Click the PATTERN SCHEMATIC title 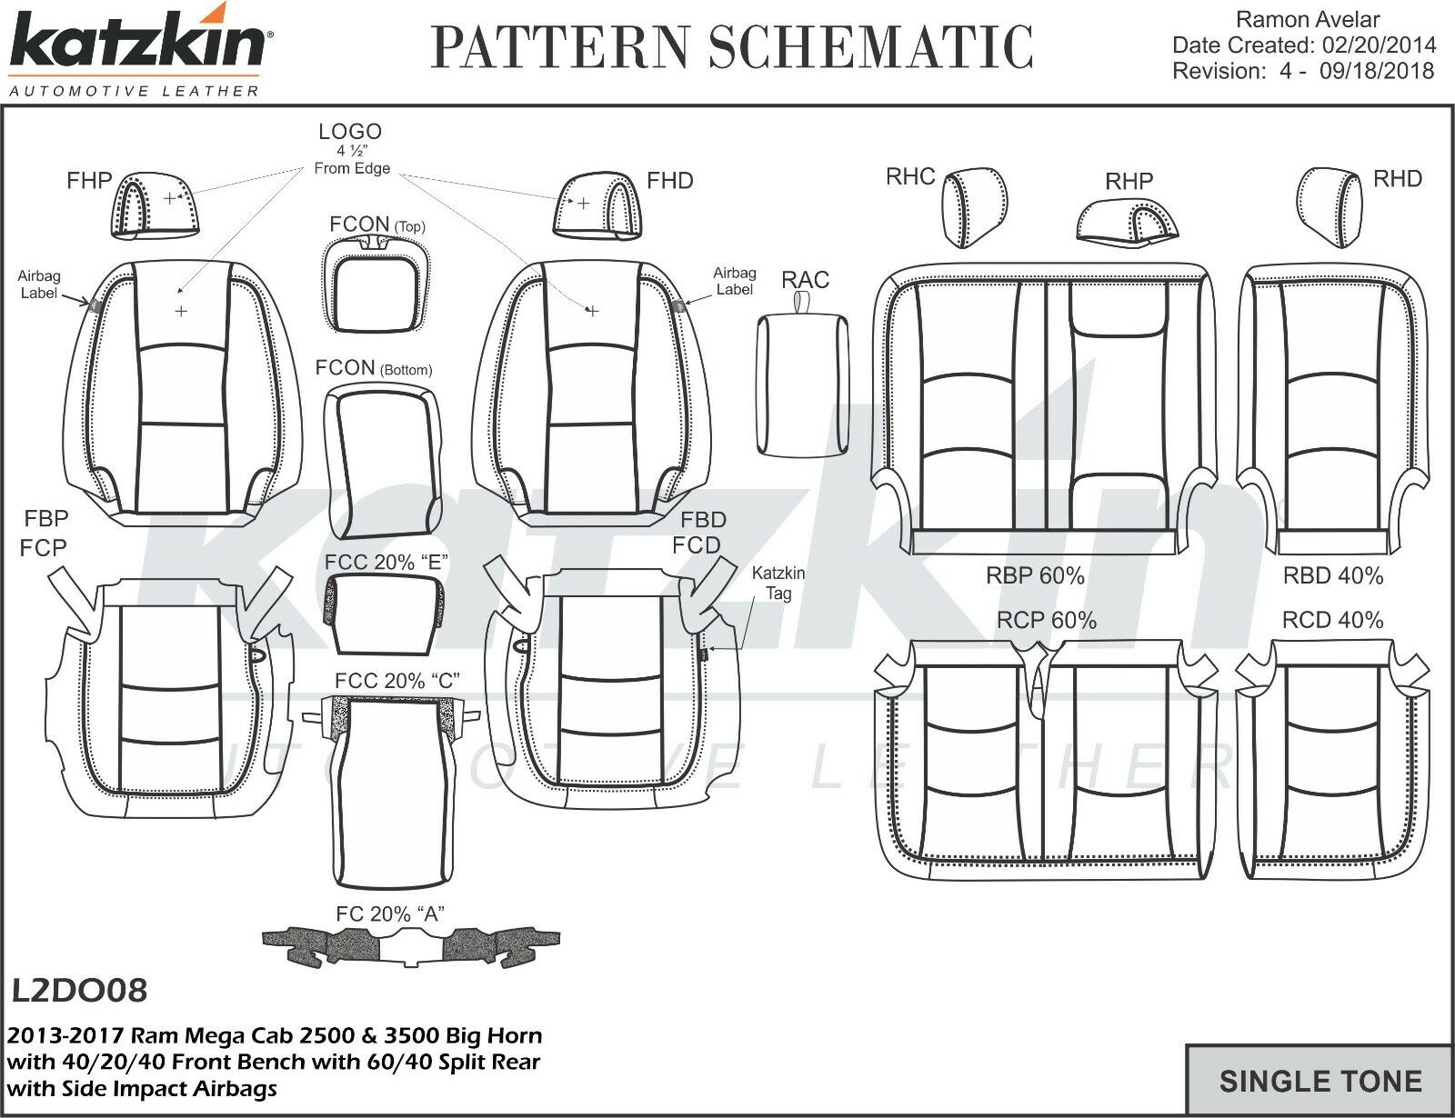[733, 47]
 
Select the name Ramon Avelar [1309, 19]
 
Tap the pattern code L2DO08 [80, 990]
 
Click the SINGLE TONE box [1320, 1081]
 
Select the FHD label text [669, 181]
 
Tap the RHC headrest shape [971, 206]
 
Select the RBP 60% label [1035, 575]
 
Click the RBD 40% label [1332, 575]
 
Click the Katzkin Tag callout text [778, 584]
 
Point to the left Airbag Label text [39, 284]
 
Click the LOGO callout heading [350, 132]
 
